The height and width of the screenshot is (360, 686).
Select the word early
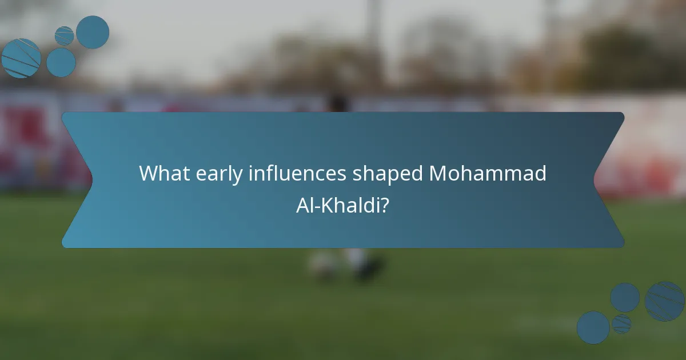tap(215, 174)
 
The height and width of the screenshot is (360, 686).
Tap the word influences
tap(297, 174)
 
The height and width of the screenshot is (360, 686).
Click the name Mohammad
tap(488, 174)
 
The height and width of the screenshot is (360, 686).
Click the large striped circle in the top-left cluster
tap(21, 58)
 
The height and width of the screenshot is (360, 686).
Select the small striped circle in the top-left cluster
tap(64, 35)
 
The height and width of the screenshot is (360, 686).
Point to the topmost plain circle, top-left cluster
tap(93, 32)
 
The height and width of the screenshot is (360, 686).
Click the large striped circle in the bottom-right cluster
tap(664, 301)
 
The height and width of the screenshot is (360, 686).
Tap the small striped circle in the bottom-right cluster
tap(621, 324)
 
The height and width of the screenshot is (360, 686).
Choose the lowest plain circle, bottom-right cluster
tap(593, 327)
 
